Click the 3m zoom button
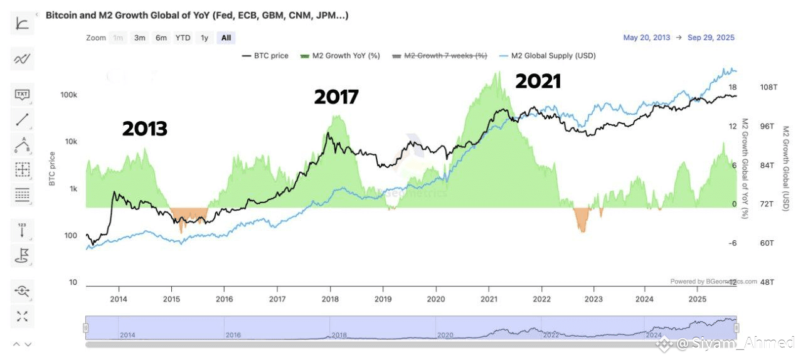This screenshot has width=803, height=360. click(x=139, y=38)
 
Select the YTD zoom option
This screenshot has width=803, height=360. click(x=183, y=38)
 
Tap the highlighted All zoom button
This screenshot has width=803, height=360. click(x=226, y=38)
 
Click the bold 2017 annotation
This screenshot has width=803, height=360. click(x=336, y=97)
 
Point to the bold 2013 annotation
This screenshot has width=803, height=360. click(x=144, y=129)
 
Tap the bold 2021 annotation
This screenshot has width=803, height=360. click(x=538, y=82)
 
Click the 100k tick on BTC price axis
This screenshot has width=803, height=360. click(x=68, y=95)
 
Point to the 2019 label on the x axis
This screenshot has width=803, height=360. click(x=383, y=299)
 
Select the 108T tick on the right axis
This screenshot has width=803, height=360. click(x=768, y=87)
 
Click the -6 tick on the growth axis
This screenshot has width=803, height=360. click(x=732, y=243)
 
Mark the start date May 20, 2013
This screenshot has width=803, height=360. click(x=646, y=38)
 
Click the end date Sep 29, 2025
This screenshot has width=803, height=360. click(x=711, y=38)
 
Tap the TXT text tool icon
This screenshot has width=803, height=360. click(x=23, y=95)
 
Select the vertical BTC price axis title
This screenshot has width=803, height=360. click(x=52, y=169)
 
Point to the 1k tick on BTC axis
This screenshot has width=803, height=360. click(x=73, y=189)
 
